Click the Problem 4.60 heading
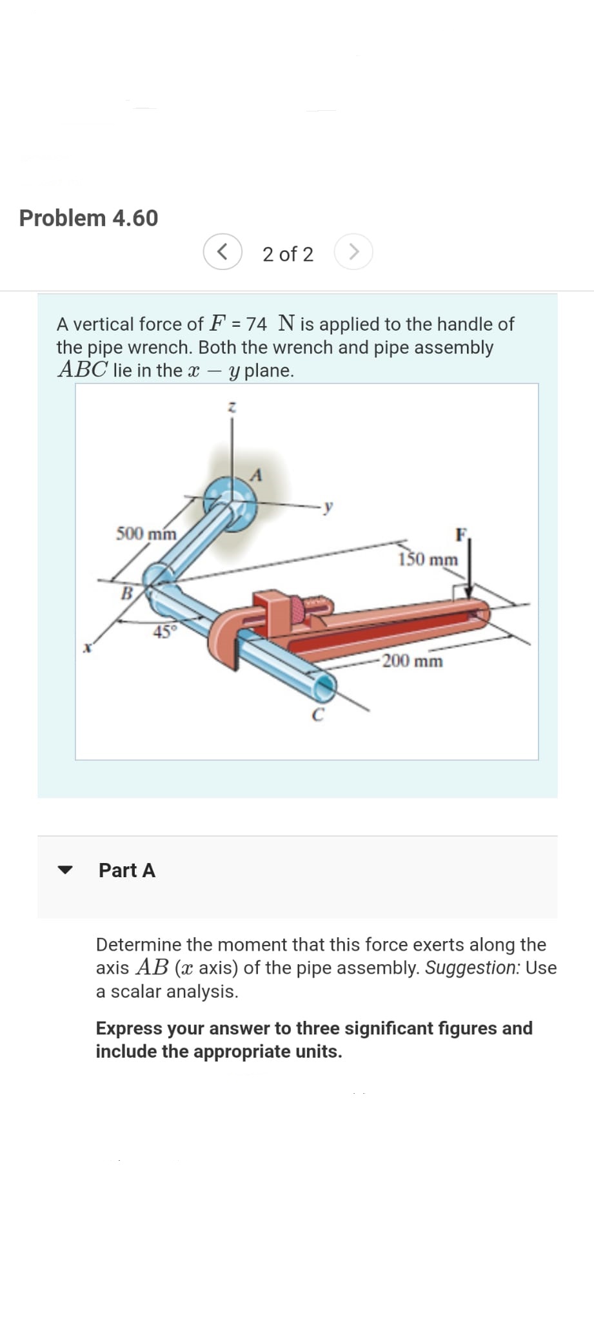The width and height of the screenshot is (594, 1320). pos(88,218)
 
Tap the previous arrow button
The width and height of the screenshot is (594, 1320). pos(223,251)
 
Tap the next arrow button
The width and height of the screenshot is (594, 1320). pos(353,251)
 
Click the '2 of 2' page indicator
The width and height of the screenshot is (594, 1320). pos(288,254)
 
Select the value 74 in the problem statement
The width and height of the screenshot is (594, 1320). pos(257,324)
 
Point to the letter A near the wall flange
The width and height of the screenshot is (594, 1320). pos(257,476)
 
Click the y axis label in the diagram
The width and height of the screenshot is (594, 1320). pos(329,507)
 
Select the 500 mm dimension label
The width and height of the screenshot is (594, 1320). pos(146,534)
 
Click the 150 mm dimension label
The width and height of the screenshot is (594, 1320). pos(428,559)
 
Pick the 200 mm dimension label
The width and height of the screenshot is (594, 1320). pos(413,661)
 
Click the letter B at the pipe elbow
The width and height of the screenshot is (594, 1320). pos(128,592)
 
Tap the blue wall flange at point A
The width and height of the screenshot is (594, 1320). pos(230,503)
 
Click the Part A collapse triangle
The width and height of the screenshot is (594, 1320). pos(64,869)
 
